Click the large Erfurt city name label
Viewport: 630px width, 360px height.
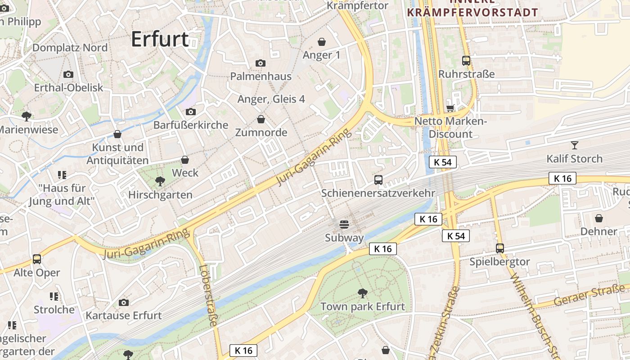160,40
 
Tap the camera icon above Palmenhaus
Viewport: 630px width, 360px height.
260,63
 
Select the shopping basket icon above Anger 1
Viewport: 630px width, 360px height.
322,42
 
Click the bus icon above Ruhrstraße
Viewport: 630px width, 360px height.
466,60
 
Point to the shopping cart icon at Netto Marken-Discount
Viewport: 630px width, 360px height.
450,108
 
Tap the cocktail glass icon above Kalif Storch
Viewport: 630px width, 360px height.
574,145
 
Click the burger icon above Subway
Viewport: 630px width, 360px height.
344,224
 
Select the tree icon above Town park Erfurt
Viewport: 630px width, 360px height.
362,293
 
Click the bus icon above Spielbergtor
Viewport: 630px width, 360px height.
499,248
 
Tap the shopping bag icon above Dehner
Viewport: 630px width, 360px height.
599,218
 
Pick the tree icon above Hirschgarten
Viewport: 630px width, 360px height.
160,181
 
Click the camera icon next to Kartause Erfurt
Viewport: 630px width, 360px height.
124,302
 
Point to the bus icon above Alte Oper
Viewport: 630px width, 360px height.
37,259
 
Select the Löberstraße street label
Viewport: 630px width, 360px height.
208,295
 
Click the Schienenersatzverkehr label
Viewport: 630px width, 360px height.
378,193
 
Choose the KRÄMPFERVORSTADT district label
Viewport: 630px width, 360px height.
472,12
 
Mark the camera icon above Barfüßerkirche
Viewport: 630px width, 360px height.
191,112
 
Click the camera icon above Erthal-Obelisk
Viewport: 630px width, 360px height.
68,74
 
